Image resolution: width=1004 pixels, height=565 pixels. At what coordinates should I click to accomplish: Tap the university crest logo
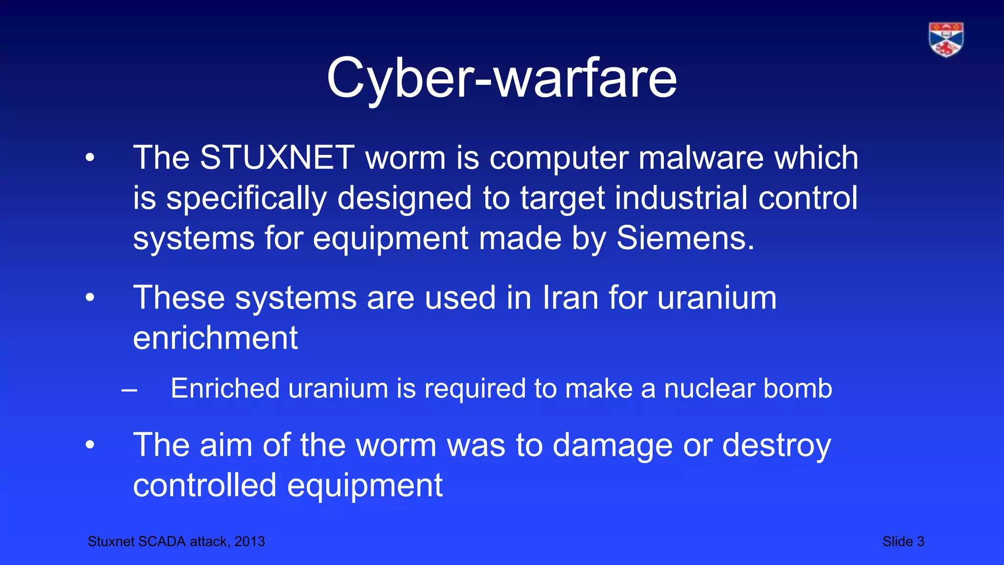pos(946,39)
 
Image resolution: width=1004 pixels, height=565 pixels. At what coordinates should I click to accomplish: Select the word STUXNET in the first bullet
pos(277,158)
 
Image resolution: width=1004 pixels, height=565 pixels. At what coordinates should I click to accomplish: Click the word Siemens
pos(685,238)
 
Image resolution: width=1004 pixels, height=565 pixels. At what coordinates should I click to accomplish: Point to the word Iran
pos(570,298)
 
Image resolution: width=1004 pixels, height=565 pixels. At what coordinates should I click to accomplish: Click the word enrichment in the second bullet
pos(215,338)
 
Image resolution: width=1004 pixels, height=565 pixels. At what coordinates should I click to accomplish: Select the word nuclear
pos(709,388)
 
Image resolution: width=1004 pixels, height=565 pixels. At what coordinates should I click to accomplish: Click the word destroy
pos(777,445)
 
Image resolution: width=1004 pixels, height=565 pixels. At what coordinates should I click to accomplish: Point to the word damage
pos(613,445)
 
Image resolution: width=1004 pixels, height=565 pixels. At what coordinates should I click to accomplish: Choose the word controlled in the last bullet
pos(205,486)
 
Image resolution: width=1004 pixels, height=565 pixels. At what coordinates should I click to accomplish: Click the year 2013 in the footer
pos(250,541)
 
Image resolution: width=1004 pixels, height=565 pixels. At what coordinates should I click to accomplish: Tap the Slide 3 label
pos(903,541)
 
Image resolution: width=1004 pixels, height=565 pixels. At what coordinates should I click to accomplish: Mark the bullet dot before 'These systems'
pos(89,298)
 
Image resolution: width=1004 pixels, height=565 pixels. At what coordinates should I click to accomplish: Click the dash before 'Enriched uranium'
pos(129,391)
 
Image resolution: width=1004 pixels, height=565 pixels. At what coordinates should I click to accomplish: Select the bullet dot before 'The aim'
pos(89,445)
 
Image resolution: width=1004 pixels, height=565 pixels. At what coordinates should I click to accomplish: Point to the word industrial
pos(681,198)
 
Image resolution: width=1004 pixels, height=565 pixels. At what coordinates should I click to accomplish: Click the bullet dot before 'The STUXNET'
pos(89,157)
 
